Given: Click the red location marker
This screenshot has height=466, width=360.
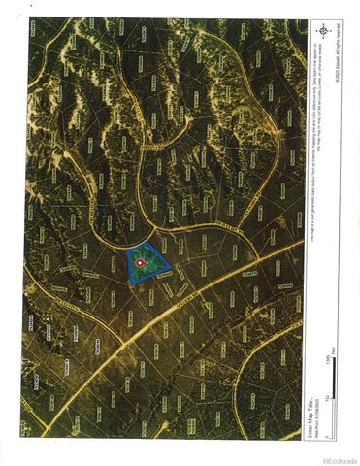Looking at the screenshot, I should pyautogui.click(x=142, y=262).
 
